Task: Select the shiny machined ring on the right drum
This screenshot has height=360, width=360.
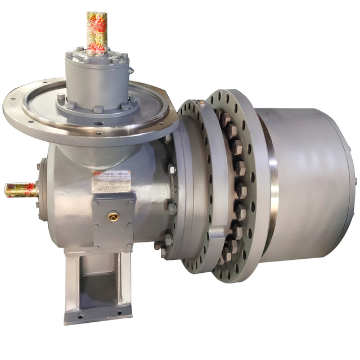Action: click(274, 169)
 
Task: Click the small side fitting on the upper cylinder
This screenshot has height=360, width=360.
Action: click(130, 71)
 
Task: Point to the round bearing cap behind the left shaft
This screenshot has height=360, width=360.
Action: click(40, 188)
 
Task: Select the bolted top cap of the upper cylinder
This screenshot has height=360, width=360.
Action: click(97, 57)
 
